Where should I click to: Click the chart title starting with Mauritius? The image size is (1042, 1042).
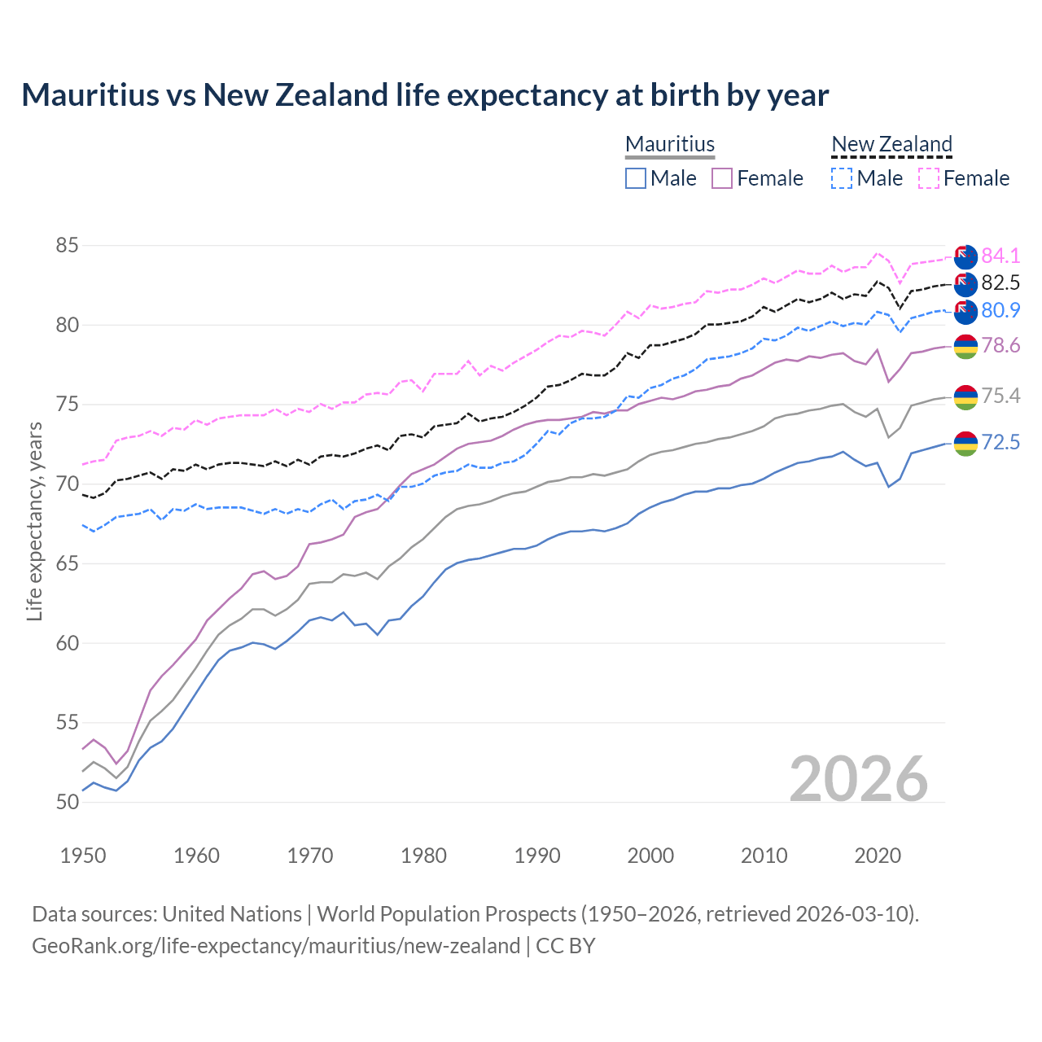[425, 95]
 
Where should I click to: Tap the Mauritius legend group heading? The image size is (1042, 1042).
[670, 144]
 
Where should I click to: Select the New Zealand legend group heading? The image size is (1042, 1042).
[891, 144]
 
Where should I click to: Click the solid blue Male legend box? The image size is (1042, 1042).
[636, 178]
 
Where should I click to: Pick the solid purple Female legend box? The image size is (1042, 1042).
[722, 178]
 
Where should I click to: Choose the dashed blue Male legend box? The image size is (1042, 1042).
[842, 178]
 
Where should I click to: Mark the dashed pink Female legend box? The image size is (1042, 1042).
[929, 178]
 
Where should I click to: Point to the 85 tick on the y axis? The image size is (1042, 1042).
[68, 245]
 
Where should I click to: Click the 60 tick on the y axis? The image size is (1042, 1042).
[68, 643]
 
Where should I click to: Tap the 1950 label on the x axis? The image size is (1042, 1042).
[83, 856]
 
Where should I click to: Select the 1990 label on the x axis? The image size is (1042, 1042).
[537, 856]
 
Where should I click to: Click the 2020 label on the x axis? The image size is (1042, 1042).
[878, 856]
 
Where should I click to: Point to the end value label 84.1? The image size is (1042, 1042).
[1000, 256]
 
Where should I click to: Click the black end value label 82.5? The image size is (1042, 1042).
[1000, 282]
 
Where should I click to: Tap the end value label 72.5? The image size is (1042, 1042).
[1000, 442]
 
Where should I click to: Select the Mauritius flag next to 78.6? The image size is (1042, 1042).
[965, 346]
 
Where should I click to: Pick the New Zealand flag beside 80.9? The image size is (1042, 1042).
[965, 311]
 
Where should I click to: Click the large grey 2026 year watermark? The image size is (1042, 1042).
[859, 779]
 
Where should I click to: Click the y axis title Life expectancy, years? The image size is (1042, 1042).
[35, 521]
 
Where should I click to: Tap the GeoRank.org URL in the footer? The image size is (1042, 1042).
[276, 946]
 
